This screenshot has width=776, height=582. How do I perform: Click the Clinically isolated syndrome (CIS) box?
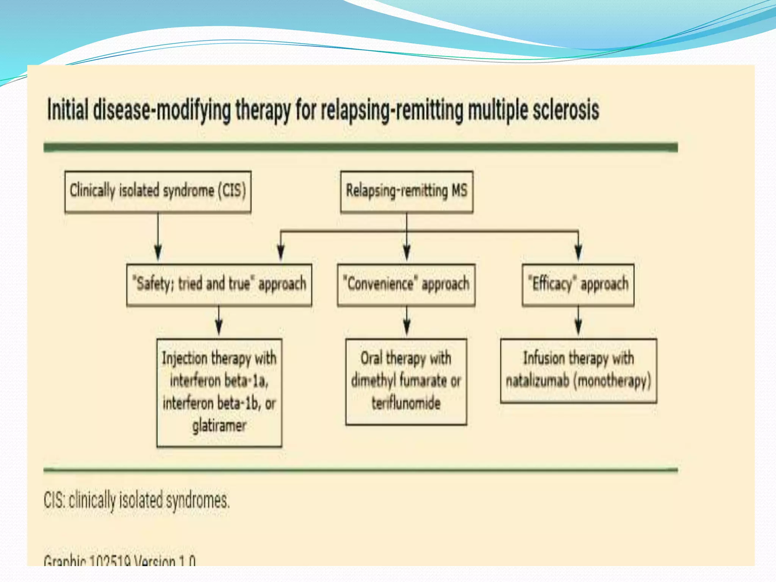pyautogui.click(x=158, y=191)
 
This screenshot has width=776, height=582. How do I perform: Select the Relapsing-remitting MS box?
pyautogui.click(x=407, y=191)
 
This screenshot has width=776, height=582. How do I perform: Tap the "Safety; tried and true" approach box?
pyautogui.click(x=219, y=285)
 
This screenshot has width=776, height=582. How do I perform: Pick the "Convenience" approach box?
pyautogui.click(x=406, y=285)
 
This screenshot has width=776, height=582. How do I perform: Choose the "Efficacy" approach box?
pyautogui.click(x=578, y=285)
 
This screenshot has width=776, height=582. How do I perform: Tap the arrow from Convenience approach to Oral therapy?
pyautogui.click(x=407, y=322)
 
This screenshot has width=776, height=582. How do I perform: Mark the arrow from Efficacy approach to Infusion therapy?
pyautogui.click(x=578, y=322)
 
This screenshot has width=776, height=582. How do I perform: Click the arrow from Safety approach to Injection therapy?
pyautogui.click(x=219, y=322)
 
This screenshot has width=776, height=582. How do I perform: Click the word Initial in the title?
pyautogui.click(x=68, y=110)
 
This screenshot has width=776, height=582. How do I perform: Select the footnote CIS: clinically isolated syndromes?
pyautogui.click(x=137, y=500)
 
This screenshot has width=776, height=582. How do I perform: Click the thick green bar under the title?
pyautogui.click(x=360, y=147)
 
